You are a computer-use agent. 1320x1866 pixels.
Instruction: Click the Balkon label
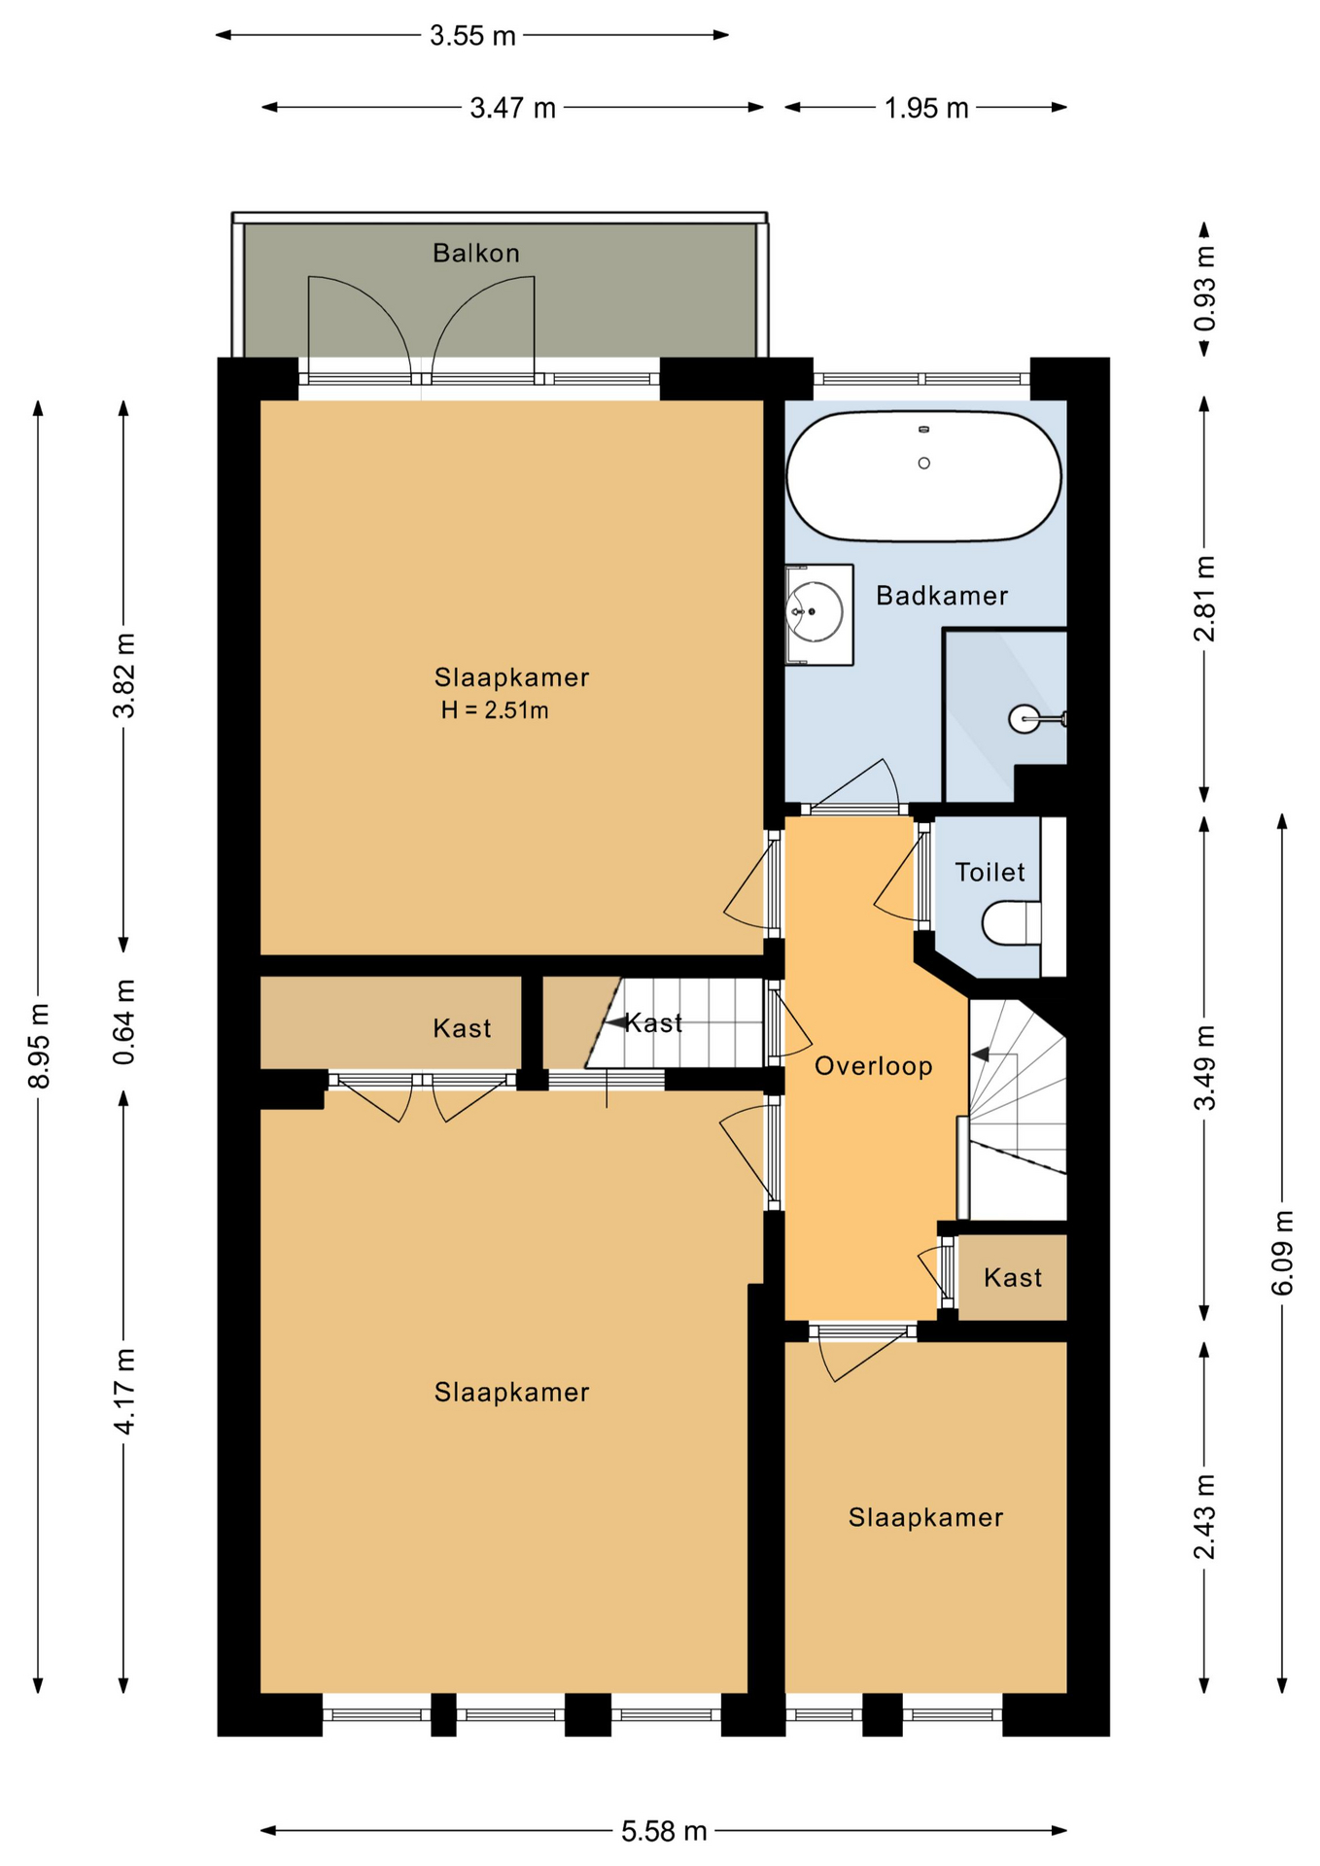click(x=476, y=254)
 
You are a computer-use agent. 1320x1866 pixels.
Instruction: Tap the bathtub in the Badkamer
click(x=923, y=475)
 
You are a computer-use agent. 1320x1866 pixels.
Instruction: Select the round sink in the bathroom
click(x=815, y=612)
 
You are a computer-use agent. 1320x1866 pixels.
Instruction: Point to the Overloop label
click(x=874, y=1066)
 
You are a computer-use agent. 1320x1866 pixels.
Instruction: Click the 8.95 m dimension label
click(x=39, y=1045)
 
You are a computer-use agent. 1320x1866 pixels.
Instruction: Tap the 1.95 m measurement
click(x=926, y=108)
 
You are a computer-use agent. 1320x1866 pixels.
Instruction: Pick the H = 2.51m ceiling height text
click(x=495, y=710)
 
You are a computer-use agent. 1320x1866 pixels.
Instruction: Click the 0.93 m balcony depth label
click(x=1205, y=289)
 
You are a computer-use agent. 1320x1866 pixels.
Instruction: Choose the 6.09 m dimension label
click(x=1283, y=1252)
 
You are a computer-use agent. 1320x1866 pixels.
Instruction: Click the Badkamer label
click(x=942, y=596)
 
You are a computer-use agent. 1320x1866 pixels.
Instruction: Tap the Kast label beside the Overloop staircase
click(x=1013, y=1277)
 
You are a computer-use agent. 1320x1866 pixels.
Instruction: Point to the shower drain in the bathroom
click(x=1025, y=719)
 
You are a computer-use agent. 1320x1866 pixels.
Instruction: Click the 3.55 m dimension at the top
click(x=472, y=36)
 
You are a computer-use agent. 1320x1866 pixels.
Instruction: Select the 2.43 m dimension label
click(x=1205, y=1516)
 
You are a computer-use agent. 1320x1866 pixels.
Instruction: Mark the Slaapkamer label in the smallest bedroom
click(x=925, y=1517)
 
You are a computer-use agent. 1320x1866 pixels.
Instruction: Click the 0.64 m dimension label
click(x=124, y=1021)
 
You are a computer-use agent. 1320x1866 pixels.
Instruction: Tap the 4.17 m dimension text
click(x=124, y=1391)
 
